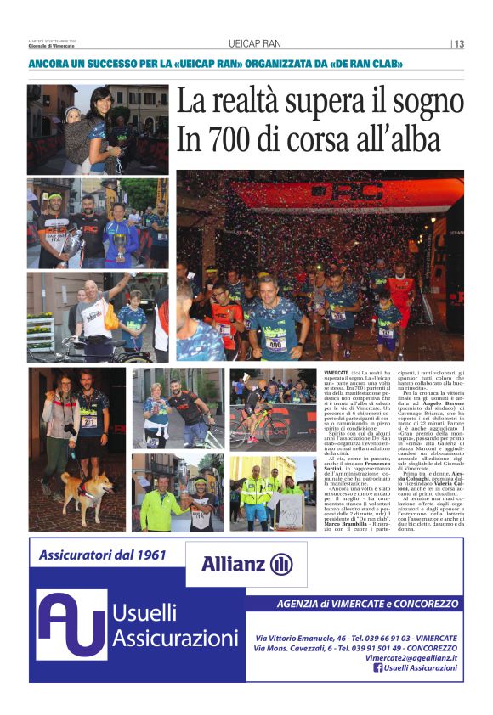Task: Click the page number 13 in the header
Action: pos(459,44)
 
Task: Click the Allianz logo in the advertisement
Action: pos(246,564)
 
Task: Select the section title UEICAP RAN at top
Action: pos(255,44)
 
